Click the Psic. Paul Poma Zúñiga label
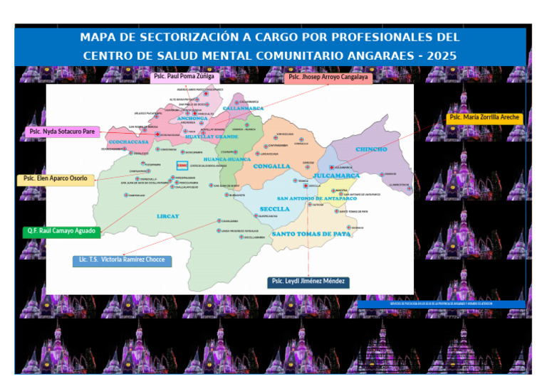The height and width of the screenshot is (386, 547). pos(184,75)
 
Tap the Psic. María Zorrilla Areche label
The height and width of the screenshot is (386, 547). pos(484,118)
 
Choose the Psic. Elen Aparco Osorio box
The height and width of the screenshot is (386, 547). pos(56,178)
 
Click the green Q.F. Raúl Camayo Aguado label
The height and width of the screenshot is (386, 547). pos(61,231)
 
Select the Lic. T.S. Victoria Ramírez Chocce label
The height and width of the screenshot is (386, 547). pos(122,259)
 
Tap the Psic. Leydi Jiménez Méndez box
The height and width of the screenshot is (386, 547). pos(308,282)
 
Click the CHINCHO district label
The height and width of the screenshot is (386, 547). pos(371,149)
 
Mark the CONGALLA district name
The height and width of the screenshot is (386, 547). pos(272,166)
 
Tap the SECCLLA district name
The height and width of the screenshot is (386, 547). pos(275,209)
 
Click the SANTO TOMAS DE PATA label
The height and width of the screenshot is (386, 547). pos(311,234)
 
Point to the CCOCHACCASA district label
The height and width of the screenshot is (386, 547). pos(129,142)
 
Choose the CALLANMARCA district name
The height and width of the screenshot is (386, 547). pos(243,109)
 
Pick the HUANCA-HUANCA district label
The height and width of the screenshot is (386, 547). pos(227,159)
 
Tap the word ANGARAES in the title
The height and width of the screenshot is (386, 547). pos(377,55)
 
